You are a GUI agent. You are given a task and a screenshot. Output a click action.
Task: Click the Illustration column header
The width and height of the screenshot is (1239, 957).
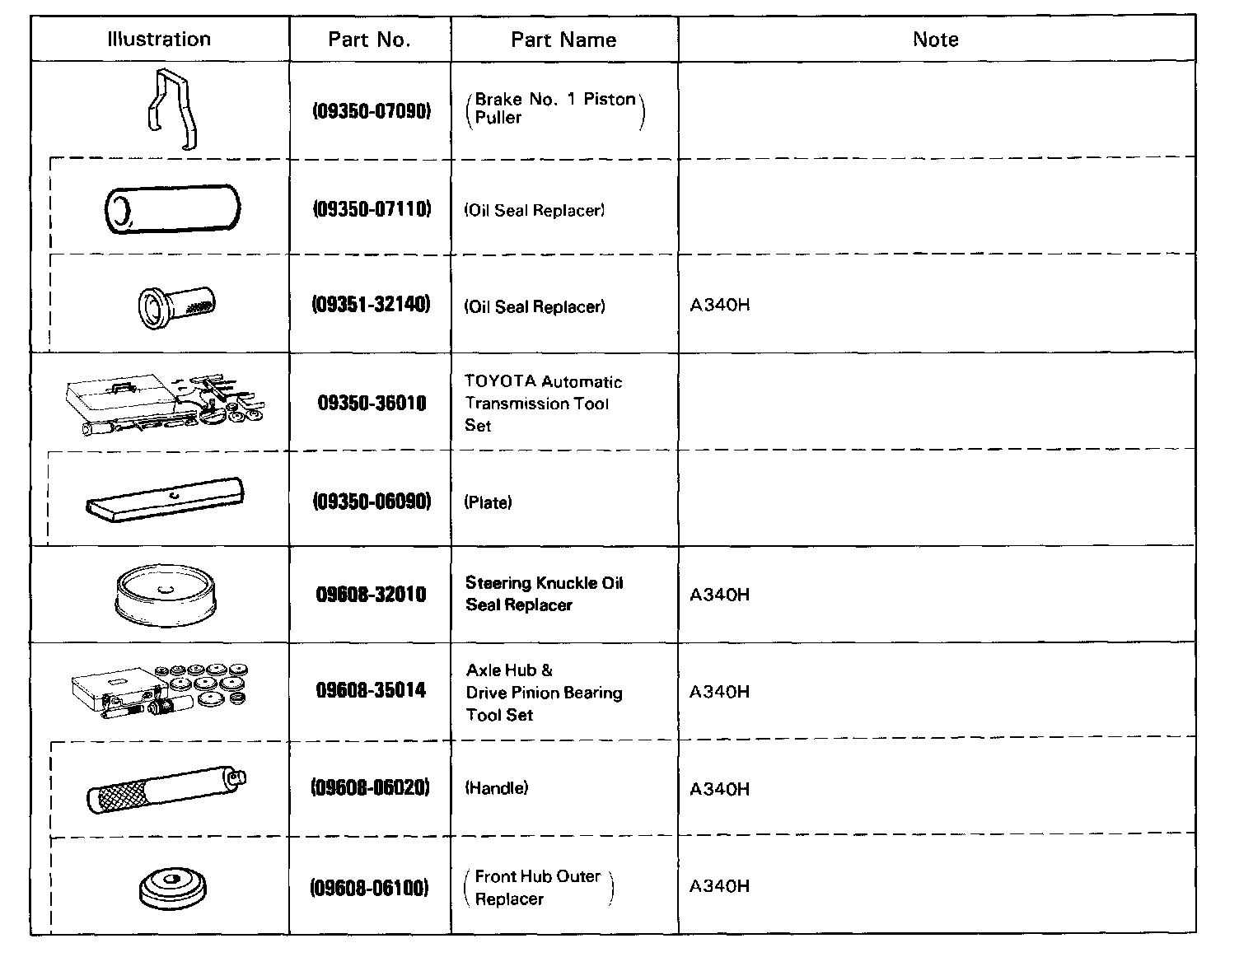tap(159, 39)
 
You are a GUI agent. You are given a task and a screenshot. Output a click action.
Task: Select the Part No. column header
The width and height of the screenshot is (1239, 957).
tap(369, 40)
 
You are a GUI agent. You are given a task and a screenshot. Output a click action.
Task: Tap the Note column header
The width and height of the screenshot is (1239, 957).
tap(935, 39)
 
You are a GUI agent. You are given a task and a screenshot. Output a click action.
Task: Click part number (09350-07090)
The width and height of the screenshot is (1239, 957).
tap(372, 110)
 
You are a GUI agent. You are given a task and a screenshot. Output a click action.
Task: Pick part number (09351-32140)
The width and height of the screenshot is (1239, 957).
tap(371, 305)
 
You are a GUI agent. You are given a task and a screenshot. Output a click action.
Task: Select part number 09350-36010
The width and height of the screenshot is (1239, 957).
tap(372, 403)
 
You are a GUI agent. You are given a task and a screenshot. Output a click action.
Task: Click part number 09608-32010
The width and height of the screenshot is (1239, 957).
tap(371, 594)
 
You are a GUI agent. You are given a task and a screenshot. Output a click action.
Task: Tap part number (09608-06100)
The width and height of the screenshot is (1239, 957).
tap(369, 887)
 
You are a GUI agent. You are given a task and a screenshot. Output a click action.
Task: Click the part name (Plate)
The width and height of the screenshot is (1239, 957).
tap(488, 502)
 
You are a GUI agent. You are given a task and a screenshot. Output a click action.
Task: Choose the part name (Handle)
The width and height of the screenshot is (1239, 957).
tap(497, 788)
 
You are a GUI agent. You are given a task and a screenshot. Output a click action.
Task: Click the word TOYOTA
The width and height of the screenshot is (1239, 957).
tap(500, 381)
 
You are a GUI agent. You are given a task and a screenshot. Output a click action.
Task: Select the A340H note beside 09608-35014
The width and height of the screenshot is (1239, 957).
tap(719, 692)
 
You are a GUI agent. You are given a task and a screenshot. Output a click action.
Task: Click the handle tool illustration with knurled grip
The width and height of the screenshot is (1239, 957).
tap(166, 789)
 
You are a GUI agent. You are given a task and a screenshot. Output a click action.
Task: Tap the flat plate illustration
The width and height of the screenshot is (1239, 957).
tap(165, 499)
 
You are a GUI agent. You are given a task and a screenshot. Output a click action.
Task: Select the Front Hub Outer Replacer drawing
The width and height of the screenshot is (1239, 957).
tap(173, 888)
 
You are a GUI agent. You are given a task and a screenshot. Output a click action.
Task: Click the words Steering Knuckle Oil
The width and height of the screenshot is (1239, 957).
tap(544, 583)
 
